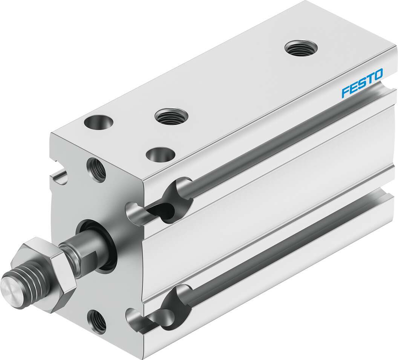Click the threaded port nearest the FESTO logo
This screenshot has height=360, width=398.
coord(301,49)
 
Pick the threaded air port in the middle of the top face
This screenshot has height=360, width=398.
coord(171,116)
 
